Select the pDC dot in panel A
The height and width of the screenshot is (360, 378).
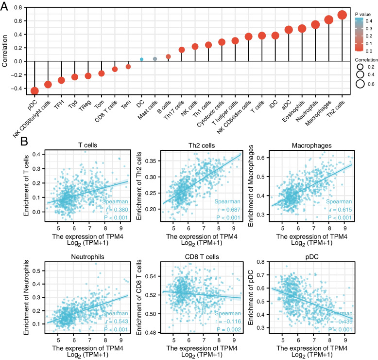click(34, 91)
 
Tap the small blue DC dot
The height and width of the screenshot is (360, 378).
click(141, 59)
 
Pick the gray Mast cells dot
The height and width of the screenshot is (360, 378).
click(155, 59)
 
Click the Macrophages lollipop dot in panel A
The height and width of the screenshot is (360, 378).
click(328, 20)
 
